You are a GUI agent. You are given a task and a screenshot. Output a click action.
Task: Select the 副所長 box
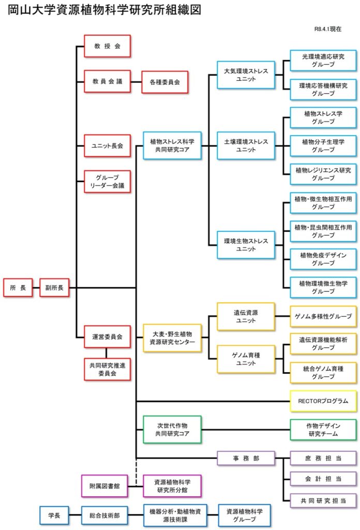click(54, 288)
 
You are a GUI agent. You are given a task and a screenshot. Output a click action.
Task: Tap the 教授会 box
click(107, 46)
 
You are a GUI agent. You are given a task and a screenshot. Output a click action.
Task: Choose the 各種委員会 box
click(164, 82)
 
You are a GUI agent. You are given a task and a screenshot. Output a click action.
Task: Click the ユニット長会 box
click(107, 146)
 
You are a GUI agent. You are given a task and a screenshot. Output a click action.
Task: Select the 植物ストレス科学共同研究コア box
click(172, 145)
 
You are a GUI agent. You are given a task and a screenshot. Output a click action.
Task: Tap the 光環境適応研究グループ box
click(323, 61)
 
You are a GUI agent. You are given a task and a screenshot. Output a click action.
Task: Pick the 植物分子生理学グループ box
click(323, 145)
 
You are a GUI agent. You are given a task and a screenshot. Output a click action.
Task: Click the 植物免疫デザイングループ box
click(323, 259)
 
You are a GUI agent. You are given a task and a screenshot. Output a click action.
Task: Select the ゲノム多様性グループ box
click(323, 316)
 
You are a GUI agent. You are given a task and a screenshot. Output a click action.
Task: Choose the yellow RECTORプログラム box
click(323, 401)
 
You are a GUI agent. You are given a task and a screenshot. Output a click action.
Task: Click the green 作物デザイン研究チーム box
click(323, 430)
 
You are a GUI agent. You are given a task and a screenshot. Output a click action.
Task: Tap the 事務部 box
click(246, 458)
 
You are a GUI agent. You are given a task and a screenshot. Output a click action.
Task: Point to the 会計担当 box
click(323, 479)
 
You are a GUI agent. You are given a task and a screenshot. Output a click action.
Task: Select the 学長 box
click(54, 515)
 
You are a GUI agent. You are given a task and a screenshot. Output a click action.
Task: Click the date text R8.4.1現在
click(327, 29)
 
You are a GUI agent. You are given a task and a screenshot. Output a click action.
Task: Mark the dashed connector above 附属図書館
click(136, 472)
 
